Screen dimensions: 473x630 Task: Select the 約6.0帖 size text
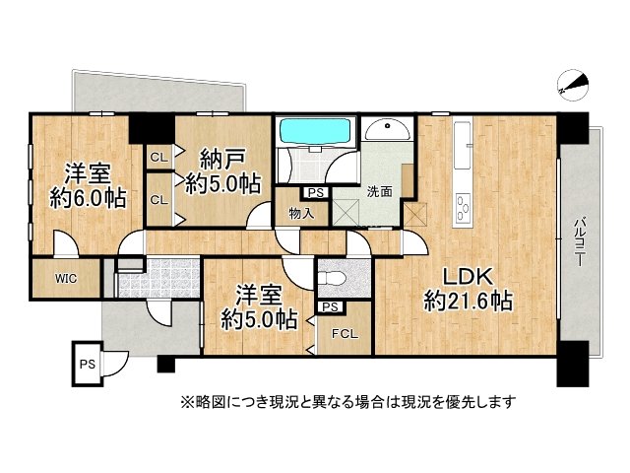point(88,198)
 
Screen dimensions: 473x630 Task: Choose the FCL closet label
point(344,334)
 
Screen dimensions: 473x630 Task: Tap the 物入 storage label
point(301,212)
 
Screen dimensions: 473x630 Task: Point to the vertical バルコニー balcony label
point(581,241)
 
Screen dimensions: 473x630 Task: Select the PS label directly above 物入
point(315,193)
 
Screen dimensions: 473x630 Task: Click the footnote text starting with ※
point(346,402)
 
